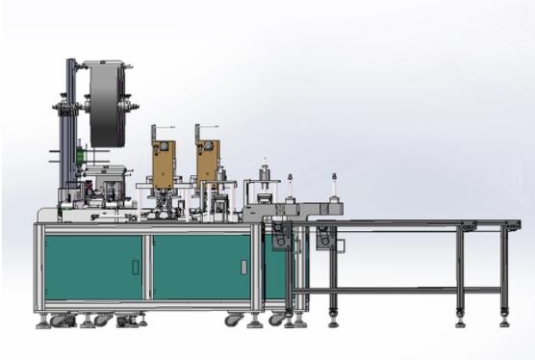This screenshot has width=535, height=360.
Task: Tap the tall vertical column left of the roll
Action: (x=70, y=125)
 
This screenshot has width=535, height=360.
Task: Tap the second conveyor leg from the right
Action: (x=460, y=274)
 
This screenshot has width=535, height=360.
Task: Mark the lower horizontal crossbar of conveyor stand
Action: (x=395, y=290)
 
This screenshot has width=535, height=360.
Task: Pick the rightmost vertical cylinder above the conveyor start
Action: (x=334, y=189)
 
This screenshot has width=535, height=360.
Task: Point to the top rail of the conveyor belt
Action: (x=404, y=222)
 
